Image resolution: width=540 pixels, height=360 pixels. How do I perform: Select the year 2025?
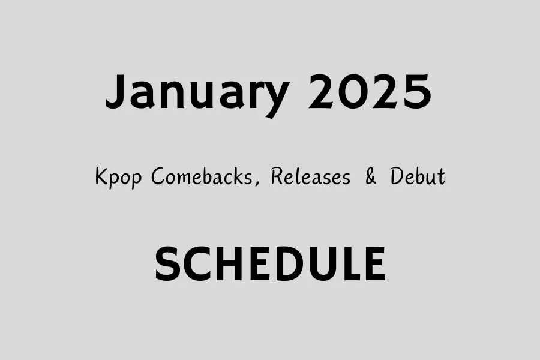[x=370, y=93]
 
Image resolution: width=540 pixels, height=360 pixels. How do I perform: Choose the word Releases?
[x=310, y=177]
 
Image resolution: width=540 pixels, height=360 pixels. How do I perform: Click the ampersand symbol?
[x=371, y=178]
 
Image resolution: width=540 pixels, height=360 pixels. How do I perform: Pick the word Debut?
[x=418, y=177]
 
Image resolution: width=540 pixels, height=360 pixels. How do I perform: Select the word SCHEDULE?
[x=270, y=265]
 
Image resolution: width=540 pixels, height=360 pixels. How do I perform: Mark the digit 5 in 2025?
[x=416, y=93]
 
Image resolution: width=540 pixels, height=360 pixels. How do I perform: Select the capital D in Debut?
[x=397, y=177]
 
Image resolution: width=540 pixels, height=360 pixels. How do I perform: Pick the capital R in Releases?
[x=277, y=177]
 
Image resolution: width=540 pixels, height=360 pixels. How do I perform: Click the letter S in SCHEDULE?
[x=167, y=265]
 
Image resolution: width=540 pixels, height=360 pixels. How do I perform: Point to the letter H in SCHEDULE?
[x=227, y=265]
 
